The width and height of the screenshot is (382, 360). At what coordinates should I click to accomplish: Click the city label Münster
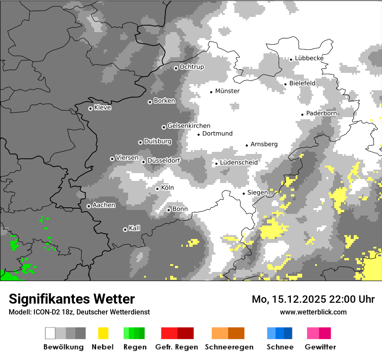click(227, 91)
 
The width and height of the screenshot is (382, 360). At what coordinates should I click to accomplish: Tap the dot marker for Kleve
click(90, 108)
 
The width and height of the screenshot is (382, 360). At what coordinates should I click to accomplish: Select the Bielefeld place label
click(302, 83)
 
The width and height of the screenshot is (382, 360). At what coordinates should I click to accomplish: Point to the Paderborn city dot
click(302, 115)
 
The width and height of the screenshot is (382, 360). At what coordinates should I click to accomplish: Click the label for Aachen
click(104, 205)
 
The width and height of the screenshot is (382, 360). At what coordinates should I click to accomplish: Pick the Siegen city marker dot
click(244, 193)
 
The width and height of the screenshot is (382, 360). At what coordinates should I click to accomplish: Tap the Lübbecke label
click(309, 58)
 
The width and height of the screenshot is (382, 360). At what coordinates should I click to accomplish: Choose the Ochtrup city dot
click(176, 68)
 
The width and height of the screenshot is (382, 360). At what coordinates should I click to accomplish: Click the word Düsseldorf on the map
click(164, 160)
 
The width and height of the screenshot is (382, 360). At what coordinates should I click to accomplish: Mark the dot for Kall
click(125, 229)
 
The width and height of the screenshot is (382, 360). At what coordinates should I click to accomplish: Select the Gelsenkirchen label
click(189, 126)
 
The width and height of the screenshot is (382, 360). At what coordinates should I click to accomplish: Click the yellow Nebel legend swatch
click(103, 333)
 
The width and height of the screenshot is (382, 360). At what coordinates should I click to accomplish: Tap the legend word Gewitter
click(320, 347)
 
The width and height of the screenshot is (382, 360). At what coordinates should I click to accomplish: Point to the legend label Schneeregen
click(229, 347)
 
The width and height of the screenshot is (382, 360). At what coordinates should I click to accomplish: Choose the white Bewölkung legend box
click(50, 333)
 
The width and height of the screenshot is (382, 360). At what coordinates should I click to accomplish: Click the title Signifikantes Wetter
click(72, 299)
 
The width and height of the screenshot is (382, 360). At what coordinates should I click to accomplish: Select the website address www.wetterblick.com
click(313, 312)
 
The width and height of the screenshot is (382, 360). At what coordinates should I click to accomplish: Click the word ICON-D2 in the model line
click(44, 312)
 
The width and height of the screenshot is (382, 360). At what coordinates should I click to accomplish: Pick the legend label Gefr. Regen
click(177, 347)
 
